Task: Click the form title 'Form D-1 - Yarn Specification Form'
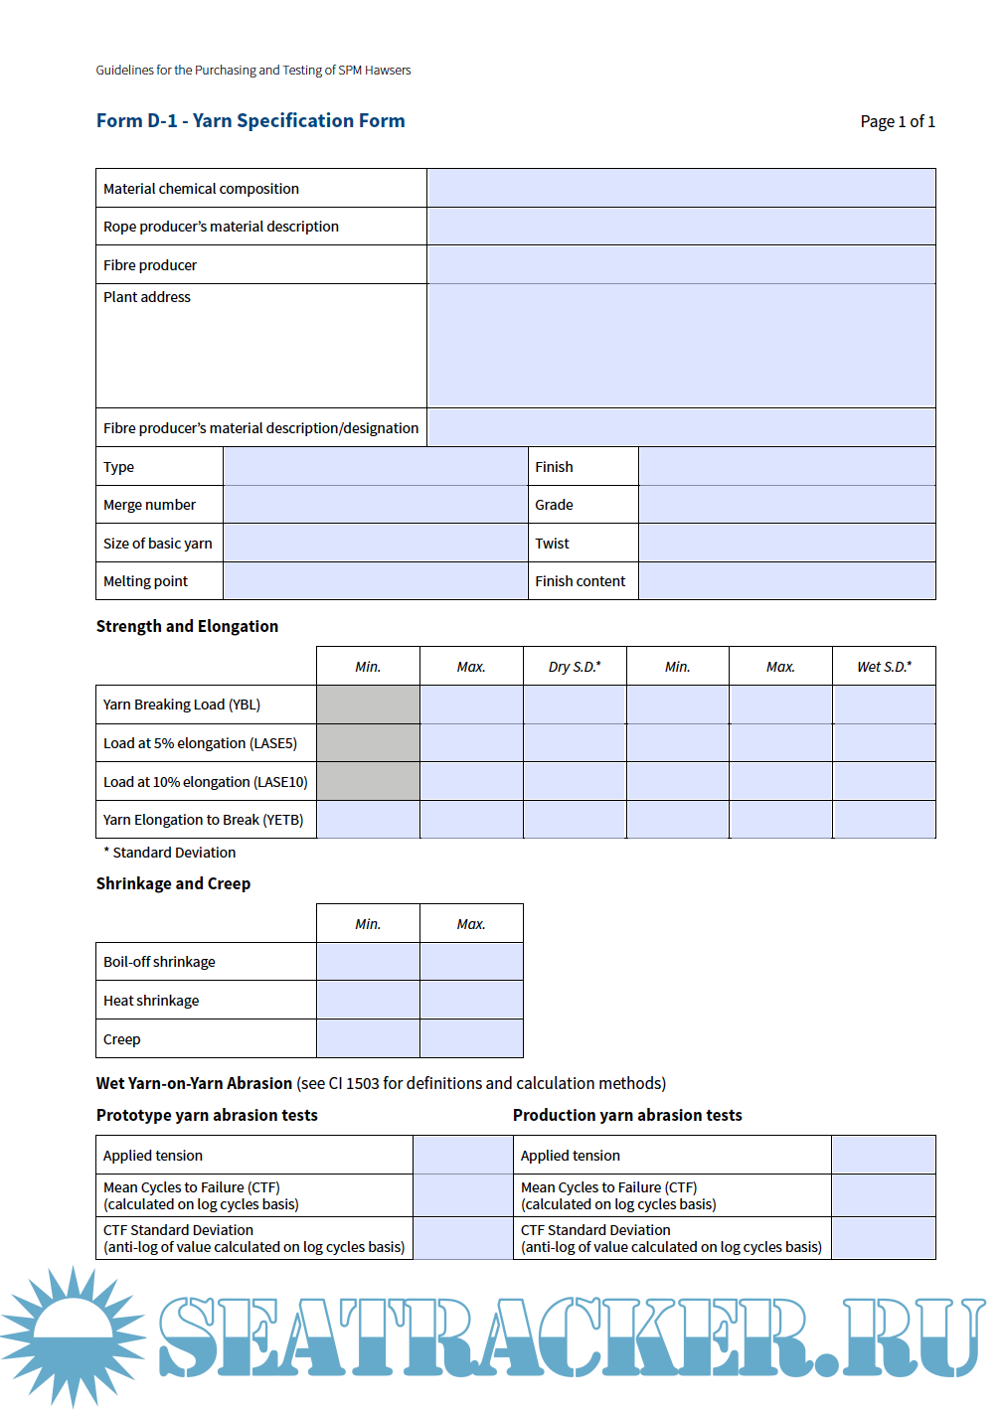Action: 250,121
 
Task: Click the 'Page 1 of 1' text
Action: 897,122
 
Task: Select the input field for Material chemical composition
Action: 681,188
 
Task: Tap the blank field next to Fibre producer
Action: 681,265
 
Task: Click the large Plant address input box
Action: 681,345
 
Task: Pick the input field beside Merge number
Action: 375,505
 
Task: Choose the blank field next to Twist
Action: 786,544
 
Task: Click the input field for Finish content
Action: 786,581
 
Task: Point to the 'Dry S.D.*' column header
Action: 575,667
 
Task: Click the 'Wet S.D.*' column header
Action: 884,667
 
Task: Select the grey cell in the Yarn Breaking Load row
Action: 368,705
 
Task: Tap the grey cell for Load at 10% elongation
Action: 368,782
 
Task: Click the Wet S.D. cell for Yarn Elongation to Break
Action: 884,820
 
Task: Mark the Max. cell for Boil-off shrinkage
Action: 471,962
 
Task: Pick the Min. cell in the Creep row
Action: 368,1039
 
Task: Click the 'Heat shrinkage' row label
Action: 151,1001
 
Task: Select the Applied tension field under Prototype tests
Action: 462,1156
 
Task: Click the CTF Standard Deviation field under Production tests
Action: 883,1239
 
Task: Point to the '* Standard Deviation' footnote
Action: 170,853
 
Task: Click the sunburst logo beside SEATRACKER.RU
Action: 72,1335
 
